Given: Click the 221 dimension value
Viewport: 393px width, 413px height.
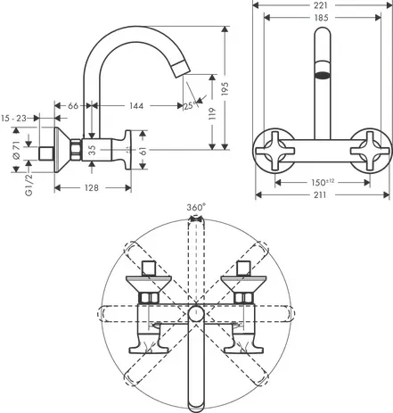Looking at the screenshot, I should point(319,5).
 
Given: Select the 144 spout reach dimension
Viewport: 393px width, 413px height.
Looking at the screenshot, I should point(136,106).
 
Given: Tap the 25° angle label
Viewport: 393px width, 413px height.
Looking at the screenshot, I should point(190,108).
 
